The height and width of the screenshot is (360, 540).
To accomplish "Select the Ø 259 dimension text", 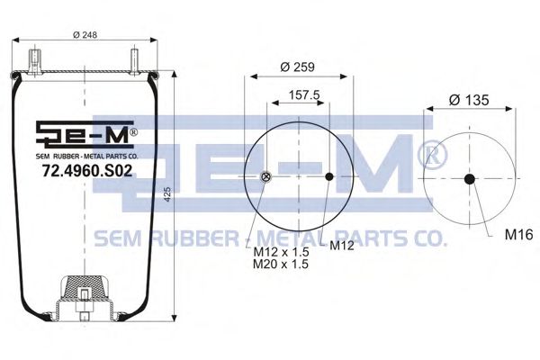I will pyautogui.click(x=297, y=67).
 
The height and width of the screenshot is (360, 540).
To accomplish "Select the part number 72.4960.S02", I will pyautogui.click(x=85, y=169).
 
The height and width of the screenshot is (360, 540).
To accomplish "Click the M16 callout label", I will pyautogui.click(x=518, y=235).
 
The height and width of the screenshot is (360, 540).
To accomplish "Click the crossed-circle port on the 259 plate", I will pyautogui.click(x=264, y=176).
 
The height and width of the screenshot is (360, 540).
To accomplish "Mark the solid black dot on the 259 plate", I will pyautogui.click(x=330, y=176).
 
